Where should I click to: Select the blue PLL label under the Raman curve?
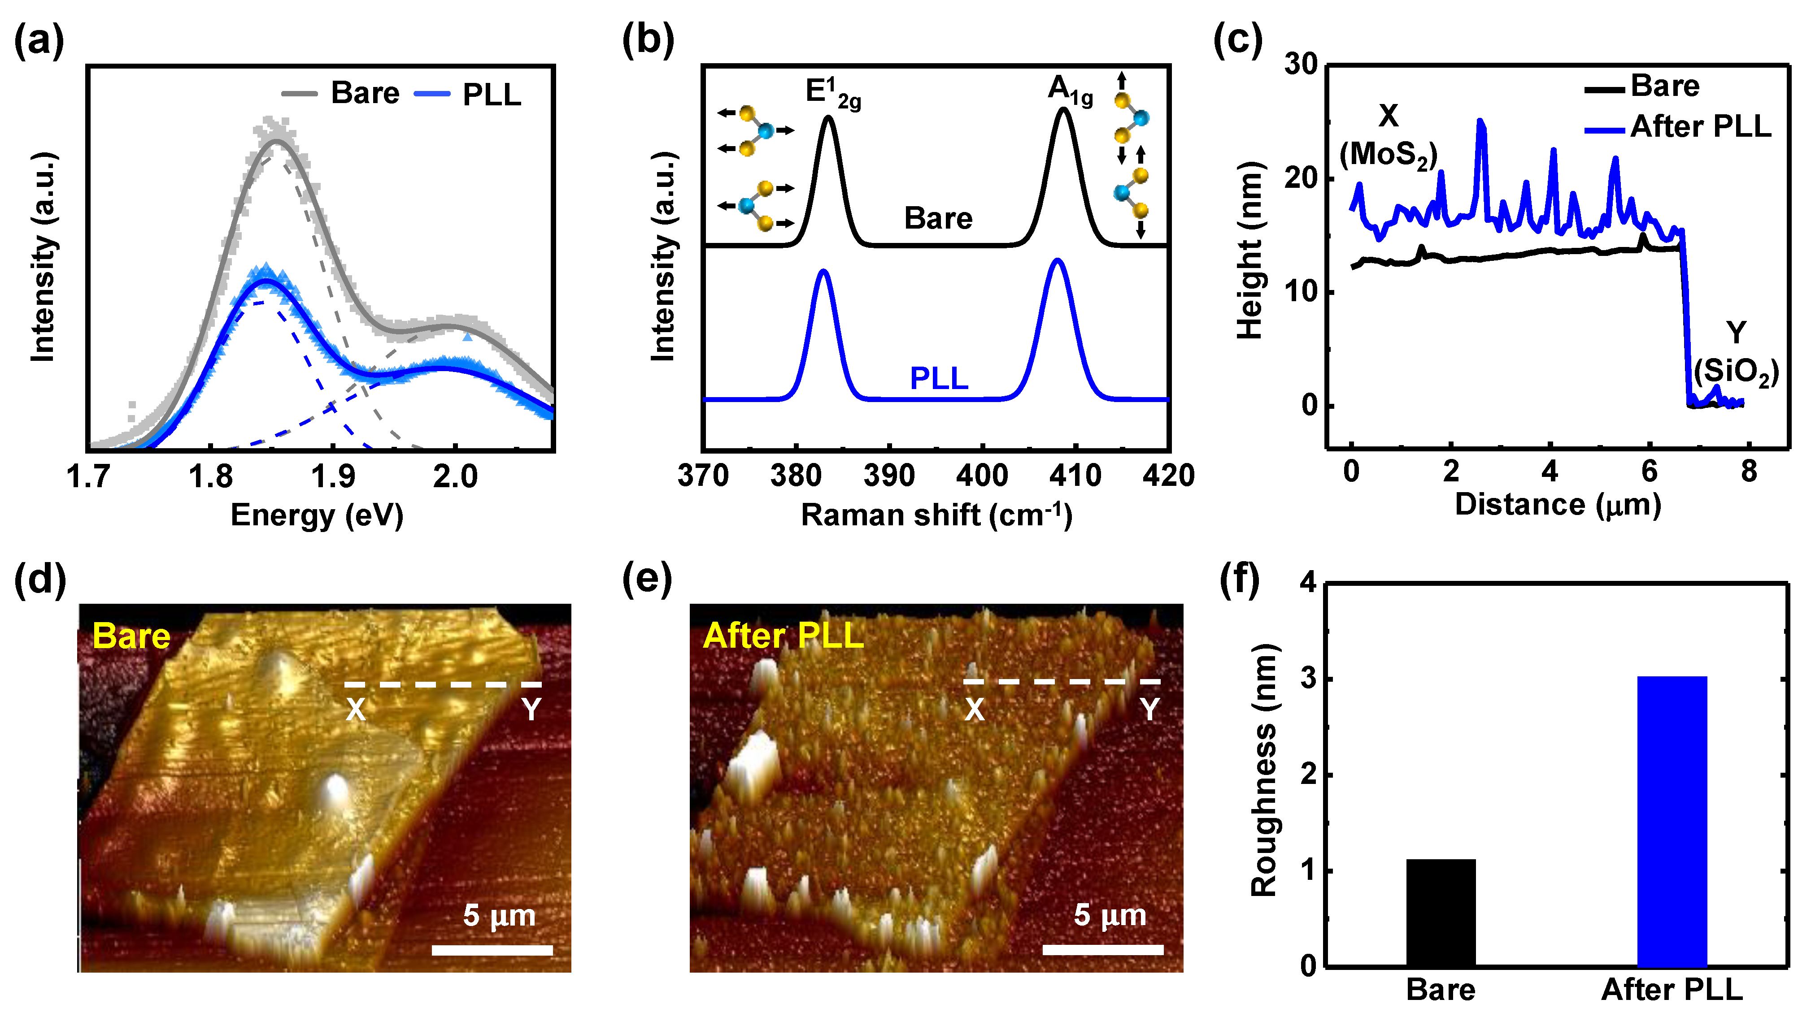pyautogui.click(x=939, y=379)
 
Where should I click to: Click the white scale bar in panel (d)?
pyautogui.click(x=492, y=950)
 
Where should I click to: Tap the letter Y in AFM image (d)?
pyautogui.click(x=531, y=710)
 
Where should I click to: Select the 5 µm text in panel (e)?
pyautogui.click(x=1110, y=915)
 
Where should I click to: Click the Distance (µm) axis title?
pyautogui.click(x=1557, y=505)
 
